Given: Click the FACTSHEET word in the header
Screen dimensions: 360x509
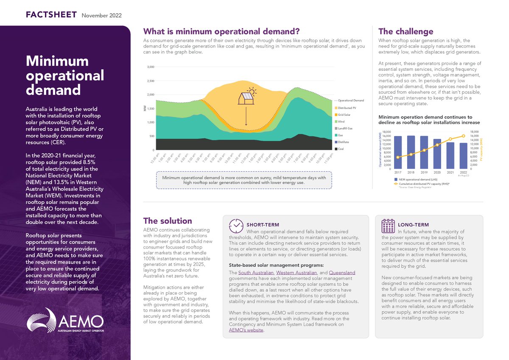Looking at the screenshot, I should (51, 15).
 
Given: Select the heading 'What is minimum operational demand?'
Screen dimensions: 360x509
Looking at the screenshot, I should (222, 31).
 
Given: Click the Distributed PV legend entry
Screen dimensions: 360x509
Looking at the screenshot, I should (347, 108).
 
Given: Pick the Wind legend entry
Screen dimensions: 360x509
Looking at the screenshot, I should (341, 121).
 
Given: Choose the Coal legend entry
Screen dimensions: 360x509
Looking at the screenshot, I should (341, 149).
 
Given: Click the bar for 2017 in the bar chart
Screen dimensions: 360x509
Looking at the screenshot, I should (398, 152).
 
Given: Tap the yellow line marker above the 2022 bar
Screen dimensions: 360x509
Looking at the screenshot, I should (463, 136).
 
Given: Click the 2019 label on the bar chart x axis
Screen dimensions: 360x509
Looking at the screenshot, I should (424, 173).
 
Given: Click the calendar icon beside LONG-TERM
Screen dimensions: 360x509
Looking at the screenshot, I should (388, 226).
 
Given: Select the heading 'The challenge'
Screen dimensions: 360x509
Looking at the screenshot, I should (406, 31).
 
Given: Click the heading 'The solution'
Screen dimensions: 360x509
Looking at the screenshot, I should (167, 220).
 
